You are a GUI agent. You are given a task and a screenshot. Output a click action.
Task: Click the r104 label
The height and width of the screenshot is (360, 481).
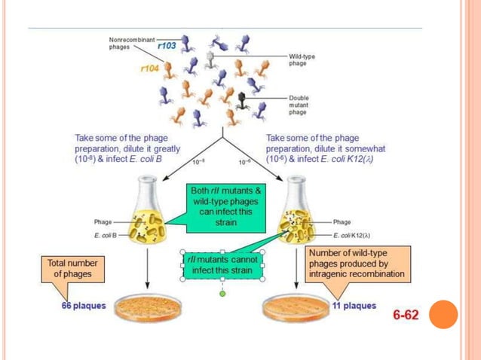point(151,69)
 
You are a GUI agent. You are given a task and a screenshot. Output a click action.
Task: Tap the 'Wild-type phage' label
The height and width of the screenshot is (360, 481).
point(302,59)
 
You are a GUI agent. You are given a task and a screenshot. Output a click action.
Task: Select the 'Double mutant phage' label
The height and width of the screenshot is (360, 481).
point(302,105)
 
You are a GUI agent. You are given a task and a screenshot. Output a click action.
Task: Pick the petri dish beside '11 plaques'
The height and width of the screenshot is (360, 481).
point(295,304)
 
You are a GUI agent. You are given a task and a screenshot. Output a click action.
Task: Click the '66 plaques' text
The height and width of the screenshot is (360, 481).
point(84,307)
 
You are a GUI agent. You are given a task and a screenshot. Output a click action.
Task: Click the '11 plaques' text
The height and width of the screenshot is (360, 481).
point(354,307)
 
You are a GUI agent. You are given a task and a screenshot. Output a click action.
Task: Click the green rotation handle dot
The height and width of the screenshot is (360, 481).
point(222,293)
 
